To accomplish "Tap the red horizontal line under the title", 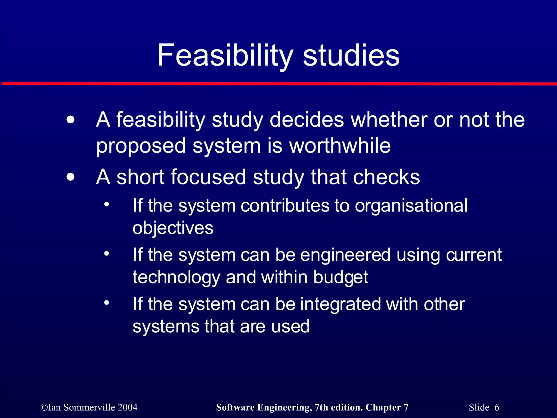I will [278, 84].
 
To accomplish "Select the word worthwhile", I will [340, 146].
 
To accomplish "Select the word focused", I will [208, 177].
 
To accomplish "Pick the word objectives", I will [173, 228].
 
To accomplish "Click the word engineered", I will [345, 255].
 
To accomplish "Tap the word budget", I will [341, 278].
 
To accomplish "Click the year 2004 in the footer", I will [128, 407].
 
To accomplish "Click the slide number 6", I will [497, 407].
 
